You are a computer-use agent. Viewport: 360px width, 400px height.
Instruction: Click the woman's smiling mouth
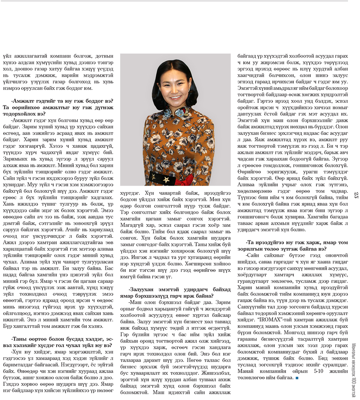tap(175, 97)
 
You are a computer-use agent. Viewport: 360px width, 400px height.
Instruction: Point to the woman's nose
tap(174, 90)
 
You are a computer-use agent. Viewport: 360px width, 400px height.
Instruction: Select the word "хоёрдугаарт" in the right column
tap(252, 284)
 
